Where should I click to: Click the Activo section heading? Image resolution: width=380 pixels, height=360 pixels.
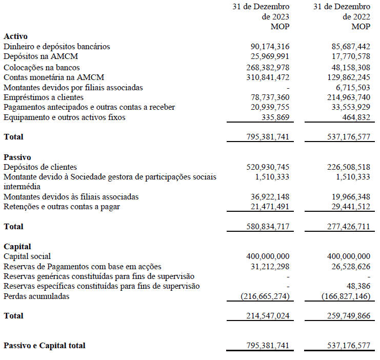15,36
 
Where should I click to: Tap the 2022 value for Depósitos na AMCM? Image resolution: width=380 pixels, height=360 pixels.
351,56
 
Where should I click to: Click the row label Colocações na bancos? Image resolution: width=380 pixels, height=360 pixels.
42,67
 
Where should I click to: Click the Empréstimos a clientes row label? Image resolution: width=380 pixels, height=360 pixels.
43,97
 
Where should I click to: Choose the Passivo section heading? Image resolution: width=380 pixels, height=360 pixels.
17,157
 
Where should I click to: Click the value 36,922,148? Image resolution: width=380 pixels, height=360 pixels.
270,197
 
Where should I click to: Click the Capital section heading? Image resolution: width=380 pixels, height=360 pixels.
17,246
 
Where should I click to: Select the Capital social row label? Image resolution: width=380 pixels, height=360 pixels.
27,256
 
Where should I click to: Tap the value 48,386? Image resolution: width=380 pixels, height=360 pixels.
358,286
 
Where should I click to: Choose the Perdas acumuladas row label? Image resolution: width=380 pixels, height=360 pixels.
36,296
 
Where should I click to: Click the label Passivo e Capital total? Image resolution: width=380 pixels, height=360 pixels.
45,346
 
